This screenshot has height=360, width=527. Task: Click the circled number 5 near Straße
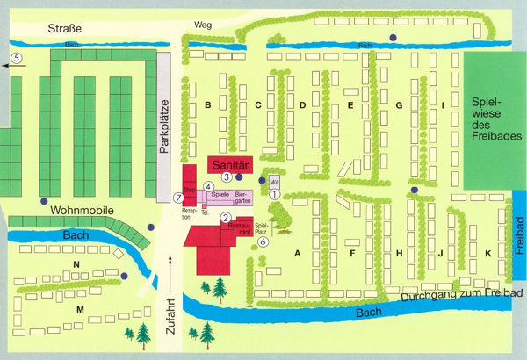click(17, 57)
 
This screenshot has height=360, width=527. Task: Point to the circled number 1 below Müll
click(274, 194)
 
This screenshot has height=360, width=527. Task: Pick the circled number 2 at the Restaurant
click(226, 218)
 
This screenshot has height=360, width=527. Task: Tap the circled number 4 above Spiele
click(208, 186)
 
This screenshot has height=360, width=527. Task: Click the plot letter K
click(487, 254)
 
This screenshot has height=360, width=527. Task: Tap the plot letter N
click(76, 264)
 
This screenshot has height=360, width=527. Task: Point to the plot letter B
click(207, 105)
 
